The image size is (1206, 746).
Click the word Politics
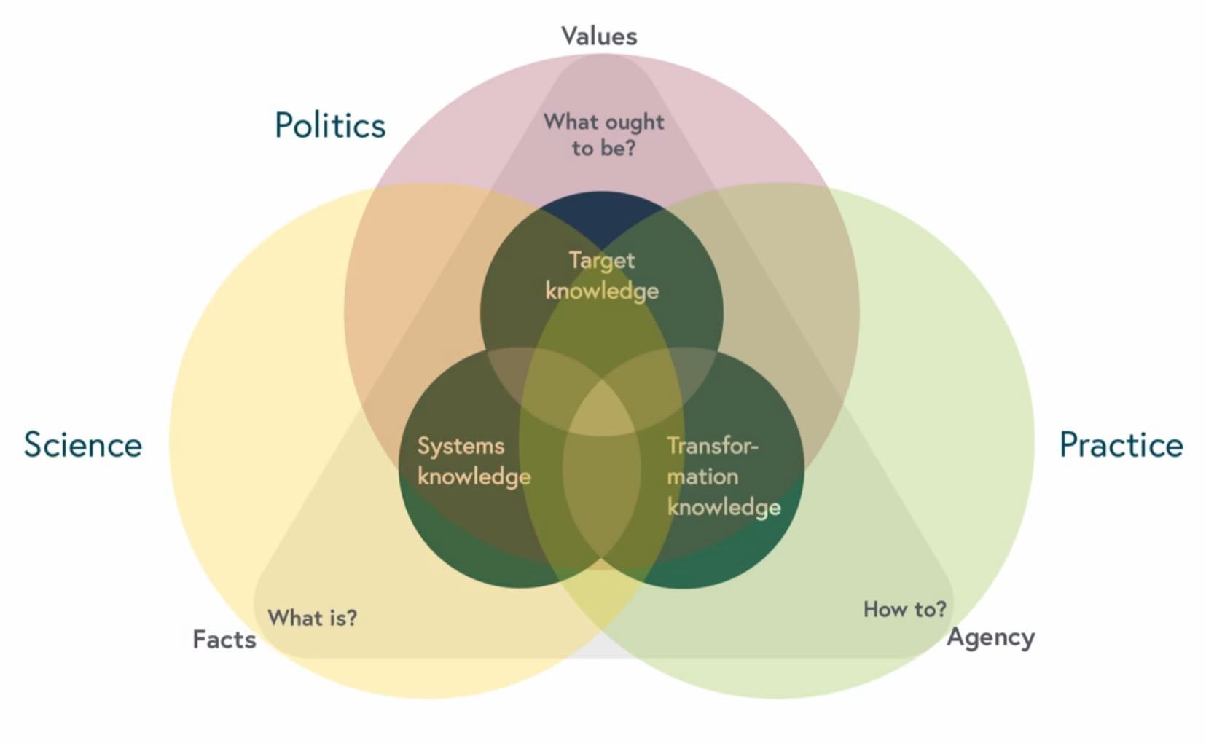[x=330, y=125]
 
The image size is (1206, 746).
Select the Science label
[x=83, y=444]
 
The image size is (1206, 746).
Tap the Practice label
[x=1121, y=444]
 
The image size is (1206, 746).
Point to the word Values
[x=599, y=36]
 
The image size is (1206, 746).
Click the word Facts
[x=224, y=639]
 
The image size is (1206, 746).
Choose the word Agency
[x=990, y=637]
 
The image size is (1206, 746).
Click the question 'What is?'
[x=313, y=618]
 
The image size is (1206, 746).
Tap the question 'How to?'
[x=904, y=609]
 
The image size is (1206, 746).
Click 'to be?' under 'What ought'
[x=603, y=148]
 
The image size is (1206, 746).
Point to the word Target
[x=602, y=260]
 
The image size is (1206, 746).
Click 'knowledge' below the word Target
[x=602, y=291]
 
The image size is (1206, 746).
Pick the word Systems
[x=461, y=446]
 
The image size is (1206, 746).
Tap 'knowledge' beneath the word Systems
[x=474, y=476]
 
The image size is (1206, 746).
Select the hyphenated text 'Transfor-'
[x=713, y=445]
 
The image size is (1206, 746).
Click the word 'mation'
[x=702, y=476]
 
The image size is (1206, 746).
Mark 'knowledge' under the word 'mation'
[x=724, y=507]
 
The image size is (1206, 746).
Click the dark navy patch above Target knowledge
[x=602, y=215]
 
